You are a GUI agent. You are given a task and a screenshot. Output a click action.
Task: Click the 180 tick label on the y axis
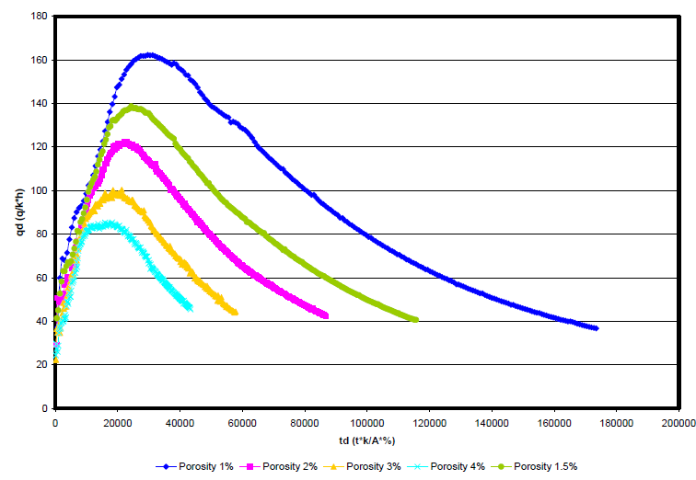[x=39, y=17]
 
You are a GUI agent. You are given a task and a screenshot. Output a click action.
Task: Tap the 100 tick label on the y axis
[x=39, y=190]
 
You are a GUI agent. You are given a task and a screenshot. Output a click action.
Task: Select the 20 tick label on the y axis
[x=41, y=364]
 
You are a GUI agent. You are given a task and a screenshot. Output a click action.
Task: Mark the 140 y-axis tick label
[x=39, y=104]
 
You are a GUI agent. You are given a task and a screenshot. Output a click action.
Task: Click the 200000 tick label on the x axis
[x=678, y=423]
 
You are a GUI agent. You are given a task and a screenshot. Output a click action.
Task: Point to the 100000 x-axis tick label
[x=366, y=423]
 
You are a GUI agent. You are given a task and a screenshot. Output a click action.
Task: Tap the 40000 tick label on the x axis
[x=180, y=423]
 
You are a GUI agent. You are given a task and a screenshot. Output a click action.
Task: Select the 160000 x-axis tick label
[x=553, y=423]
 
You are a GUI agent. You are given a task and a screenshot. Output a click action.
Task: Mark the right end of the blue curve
[x=596, y=328]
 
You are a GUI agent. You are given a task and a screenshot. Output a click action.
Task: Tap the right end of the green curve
[x=416, y=320]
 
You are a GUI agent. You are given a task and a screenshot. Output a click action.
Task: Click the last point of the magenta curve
[x=326, y=315]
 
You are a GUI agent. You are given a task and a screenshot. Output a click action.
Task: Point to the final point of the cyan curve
[x=190, y=308]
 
